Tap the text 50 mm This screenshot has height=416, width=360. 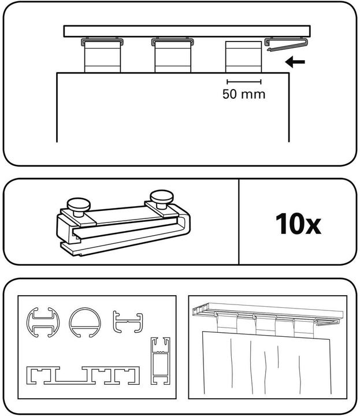coord(244,94)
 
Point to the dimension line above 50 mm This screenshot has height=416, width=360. coord(244,81)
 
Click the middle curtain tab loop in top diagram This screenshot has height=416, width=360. coord(172,58)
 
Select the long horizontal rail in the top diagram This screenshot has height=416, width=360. coord(188,31)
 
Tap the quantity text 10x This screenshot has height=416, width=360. coord(298,223)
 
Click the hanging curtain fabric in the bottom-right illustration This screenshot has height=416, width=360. coord(266,364)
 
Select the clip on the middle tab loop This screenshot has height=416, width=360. coord(172,42)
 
